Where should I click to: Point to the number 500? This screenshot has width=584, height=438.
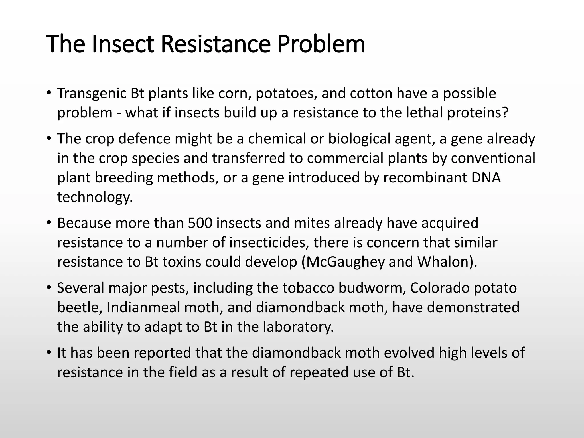tap(200, 223)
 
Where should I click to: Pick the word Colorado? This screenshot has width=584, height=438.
tap(439, 288)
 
